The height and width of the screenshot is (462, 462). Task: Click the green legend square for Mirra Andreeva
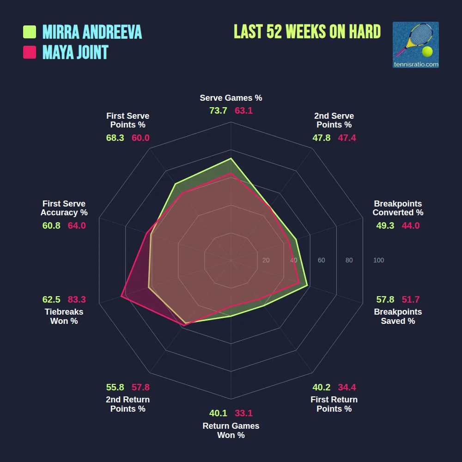(30, 32)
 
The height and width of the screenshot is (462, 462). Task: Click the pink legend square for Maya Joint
(30, 52)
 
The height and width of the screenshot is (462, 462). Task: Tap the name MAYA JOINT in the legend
(75, 52)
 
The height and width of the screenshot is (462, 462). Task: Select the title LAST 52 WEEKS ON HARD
(307, 32)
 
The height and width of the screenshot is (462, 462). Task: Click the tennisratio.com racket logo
(415, 45)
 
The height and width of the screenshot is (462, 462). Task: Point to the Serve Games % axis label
(231, 98)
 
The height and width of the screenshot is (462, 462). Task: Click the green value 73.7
(218, 111)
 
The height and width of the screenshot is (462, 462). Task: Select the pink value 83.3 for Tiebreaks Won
(77, 299)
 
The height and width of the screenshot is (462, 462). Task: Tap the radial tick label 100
(378, 261)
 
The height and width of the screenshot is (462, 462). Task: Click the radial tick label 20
(266, 261)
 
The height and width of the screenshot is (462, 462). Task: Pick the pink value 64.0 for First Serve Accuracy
(77, 225)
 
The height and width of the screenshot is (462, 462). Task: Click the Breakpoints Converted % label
(398, 208)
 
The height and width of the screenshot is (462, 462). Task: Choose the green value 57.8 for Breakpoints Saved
(385, 299)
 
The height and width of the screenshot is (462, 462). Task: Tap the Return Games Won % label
(231, 431)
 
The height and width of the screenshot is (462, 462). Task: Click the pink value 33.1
(243, 413)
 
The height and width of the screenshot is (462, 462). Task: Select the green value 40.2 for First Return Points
(321, 387)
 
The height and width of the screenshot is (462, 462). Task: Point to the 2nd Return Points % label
(128, 404)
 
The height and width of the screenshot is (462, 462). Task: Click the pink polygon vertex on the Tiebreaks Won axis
(122, 296)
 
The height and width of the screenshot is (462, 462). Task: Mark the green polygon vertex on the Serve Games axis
(231, 158)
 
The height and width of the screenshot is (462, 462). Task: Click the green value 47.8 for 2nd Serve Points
(321, 138)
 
